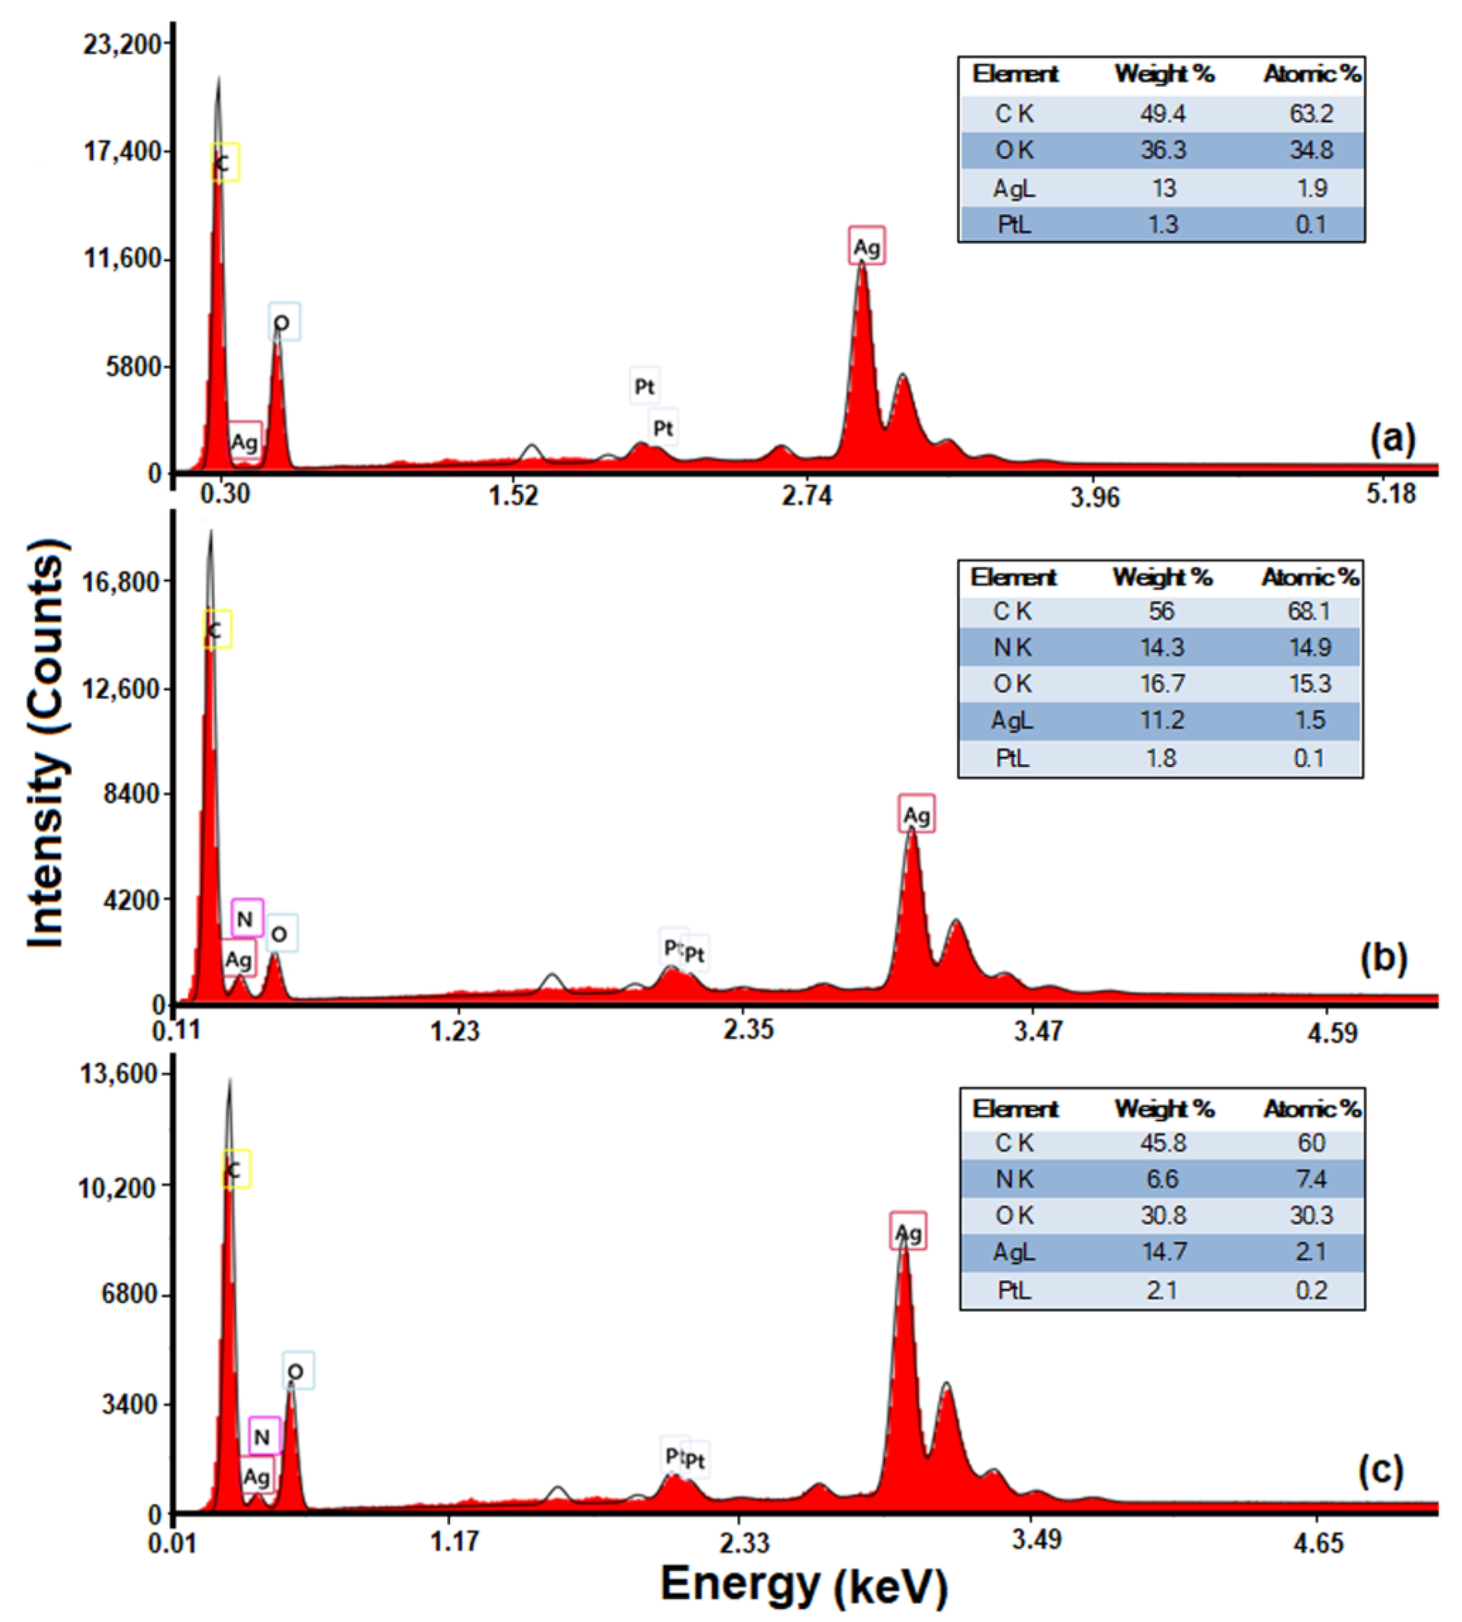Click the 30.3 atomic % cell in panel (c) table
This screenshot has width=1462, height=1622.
[1311, 1215]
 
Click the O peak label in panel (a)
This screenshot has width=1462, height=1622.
[283, 322]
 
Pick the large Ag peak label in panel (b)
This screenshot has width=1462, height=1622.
[916, 815]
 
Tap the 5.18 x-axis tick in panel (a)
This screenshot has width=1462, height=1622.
[1390, 493]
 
